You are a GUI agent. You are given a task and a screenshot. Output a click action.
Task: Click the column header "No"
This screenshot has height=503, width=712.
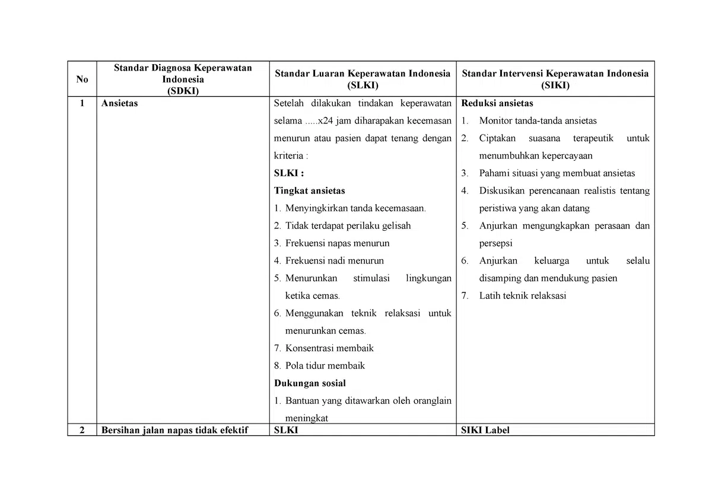tap(82, 79)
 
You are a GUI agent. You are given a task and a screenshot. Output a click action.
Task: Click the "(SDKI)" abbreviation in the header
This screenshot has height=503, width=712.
tap(183, 91)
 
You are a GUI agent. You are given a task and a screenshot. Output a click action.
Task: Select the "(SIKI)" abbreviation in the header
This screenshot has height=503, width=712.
tap(555, 85)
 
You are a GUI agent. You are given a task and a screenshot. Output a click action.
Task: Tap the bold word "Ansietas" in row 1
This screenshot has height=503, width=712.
tap(119, 103)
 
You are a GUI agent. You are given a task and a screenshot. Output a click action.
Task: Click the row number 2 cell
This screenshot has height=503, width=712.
tap(82, 431)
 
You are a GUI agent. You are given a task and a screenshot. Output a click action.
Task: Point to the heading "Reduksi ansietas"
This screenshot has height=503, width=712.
tap(497, 103)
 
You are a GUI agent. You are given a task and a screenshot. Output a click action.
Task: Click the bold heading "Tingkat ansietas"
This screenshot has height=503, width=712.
tap(309, 191)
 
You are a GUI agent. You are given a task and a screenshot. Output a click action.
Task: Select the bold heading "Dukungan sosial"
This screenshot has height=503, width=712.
tap(310, 383)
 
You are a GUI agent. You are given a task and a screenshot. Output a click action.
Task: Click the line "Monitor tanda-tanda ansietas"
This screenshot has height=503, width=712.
tap(538, 121)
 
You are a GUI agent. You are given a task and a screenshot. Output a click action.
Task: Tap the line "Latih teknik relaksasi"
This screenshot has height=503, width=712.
tap(522, 295)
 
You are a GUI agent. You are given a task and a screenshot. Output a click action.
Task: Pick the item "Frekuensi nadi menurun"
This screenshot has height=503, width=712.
tap(334, 260)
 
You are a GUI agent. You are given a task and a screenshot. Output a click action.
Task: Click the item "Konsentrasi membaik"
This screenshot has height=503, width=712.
tap(329, 348)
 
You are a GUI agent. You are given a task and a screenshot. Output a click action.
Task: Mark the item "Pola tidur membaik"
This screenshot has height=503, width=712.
tap(325, 365)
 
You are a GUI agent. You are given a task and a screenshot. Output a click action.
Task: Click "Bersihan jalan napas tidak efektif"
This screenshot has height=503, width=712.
tap(174, 431)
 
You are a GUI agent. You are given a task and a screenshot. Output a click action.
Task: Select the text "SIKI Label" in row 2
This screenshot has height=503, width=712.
tap(485, 431)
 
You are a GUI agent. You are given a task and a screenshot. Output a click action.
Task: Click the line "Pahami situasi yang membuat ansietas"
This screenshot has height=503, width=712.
tap(557, 173)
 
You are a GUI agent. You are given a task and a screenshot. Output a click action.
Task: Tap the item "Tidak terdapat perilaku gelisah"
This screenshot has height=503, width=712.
tap(348, 226)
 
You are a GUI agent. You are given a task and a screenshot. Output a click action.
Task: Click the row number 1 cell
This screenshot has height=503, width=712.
tap(82, 103)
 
